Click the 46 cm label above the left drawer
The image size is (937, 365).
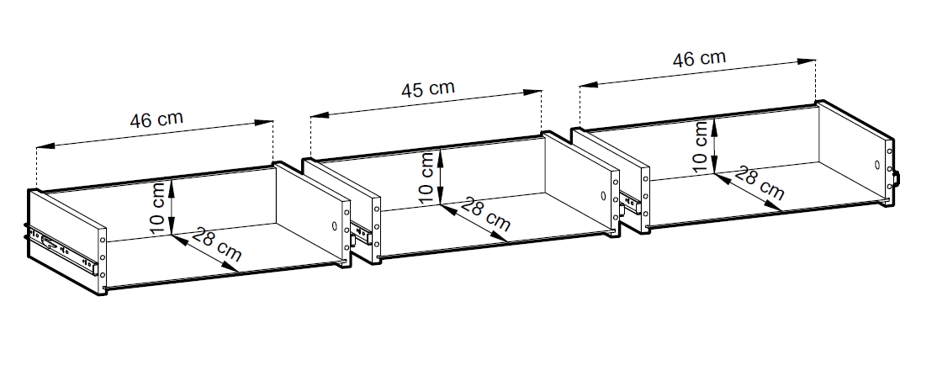pyautogui.click(x=156, y=119)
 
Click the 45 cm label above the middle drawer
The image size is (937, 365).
pyautogui.click(x=427, y=89)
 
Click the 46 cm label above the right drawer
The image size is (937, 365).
pyautogui.click(x=699, y=59)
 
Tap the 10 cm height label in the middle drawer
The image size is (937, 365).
pyautogui.click(x=426, y=178)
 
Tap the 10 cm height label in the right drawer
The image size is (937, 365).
pyautogui.click(x=701, y=146)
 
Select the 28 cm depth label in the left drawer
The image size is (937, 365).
pyautogui.click(x=216, y=246)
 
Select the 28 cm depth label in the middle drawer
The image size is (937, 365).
pyautogui.click(x=486, y=215)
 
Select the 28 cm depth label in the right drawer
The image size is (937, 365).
pyautogui.click(x=759, y=184)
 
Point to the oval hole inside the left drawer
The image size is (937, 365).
pyautogui.click(x=334, y=227)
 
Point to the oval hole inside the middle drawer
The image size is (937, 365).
pyautogui.click(x=603, y=195)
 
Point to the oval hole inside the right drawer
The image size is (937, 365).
pyautogui.click(x=877, y=164)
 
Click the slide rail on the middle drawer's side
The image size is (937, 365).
pyautogui.click(x=362, y=233)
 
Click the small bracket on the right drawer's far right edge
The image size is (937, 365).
pyautogui.click(x=896, y=178)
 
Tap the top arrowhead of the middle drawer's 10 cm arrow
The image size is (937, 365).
pyautogui.click(x=441, y=155)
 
